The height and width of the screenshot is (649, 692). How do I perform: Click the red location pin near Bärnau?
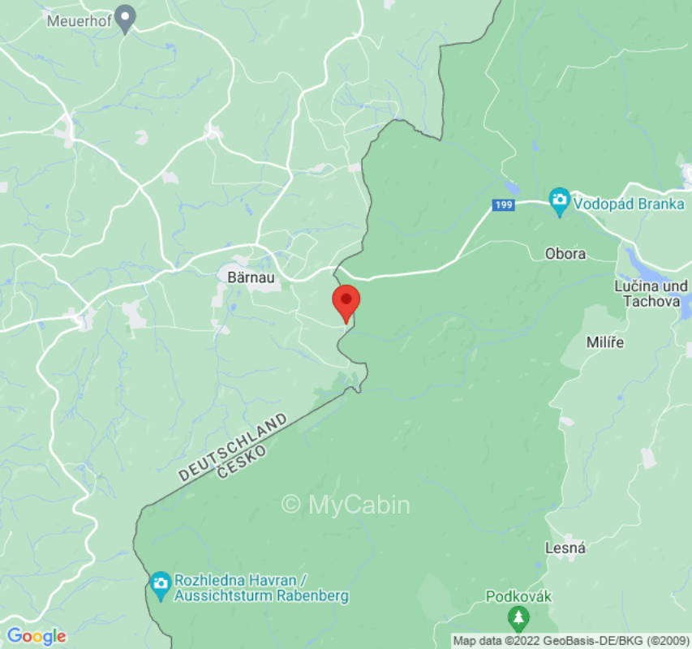[x=346, y=301]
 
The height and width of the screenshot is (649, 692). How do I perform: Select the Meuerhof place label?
[x=78, y=20]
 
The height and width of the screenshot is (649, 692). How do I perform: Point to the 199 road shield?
[x=503, y=205]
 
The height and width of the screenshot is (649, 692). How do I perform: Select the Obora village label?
[x=565, y=254]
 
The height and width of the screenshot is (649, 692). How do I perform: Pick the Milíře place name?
[x=605, y=342]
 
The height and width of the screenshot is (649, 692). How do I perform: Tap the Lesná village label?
[x=567, y=548]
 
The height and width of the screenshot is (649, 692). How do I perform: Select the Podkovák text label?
[x=518, y=597]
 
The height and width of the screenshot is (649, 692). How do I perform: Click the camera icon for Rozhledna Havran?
[x=161, y=582]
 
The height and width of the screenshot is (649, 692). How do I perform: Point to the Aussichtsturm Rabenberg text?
[x=260, y=595]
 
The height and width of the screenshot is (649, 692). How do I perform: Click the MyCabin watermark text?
[x=346, y=505]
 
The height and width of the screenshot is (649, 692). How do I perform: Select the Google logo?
[x=36, y=636]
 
